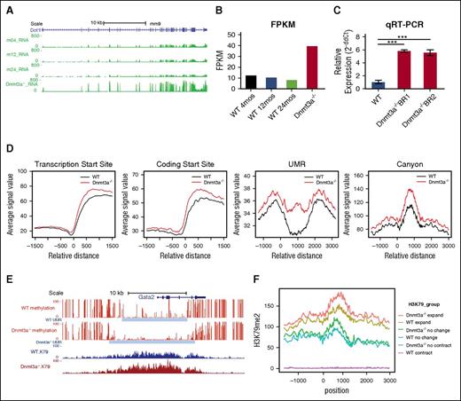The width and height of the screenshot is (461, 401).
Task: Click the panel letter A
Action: tap(8, 6)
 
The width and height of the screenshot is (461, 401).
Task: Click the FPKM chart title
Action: tap(257, 13)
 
